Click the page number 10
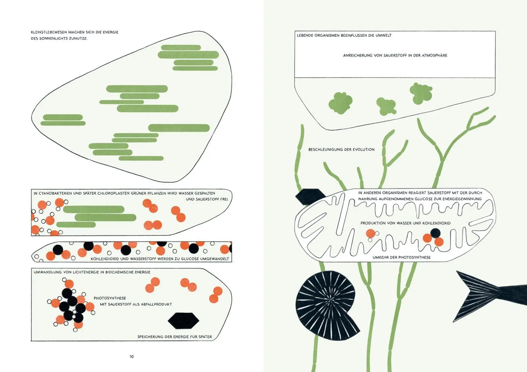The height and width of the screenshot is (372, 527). click(131, 357)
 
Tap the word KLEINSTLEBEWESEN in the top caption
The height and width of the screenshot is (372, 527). click(49, 32)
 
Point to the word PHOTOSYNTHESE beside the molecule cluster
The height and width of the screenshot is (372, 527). click(110, 298)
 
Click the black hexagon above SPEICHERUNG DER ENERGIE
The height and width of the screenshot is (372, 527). click(183, 321)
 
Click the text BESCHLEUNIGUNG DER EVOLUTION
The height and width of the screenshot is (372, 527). click(341, 149)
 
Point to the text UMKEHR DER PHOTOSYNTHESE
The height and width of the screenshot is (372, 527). click(402, 257)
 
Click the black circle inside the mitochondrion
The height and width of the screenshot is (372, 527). click(435, 233)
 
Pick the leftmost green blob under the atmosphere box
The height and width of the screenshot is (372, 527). click(341, 103)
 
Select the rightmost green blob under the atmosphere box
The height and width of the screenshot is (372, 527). click(421, 93)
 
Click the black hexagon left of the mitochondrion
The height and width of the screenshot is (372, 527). click(310, 196)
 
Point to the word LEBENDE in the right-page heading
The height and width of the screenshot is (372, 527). click(305, 36)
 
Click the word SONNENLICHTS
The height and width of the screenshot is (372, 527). click(53, 38)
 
